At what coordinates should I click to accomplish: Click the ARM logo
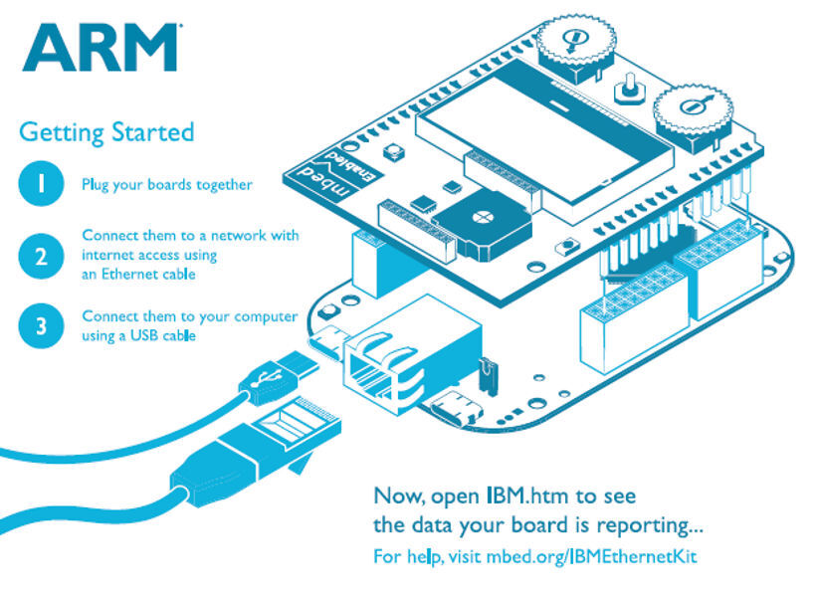pyautogui.click(x=100, y=47)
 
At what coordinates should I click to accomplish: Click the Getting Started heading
pyautogui.click(x=106, y=131)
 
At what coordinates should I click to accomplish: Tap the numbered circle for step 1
pyautogui.click(x=40, y=184)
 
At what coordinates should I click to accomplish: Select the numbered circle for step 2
pyautogui.click(x=40, y=256)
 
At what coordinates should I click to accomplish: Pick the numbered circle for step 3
pyautogui.click(x=40, y=326)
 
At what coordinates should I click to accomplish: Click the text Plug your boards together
pyautogui.click(x=167, y=184)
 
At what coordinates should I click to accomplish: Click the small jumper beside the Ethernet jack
pyautogui.click(x=487, y=373)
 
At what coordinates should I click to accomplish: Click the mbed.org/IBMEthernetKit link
pyautogui.click(x=591, y=555)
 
